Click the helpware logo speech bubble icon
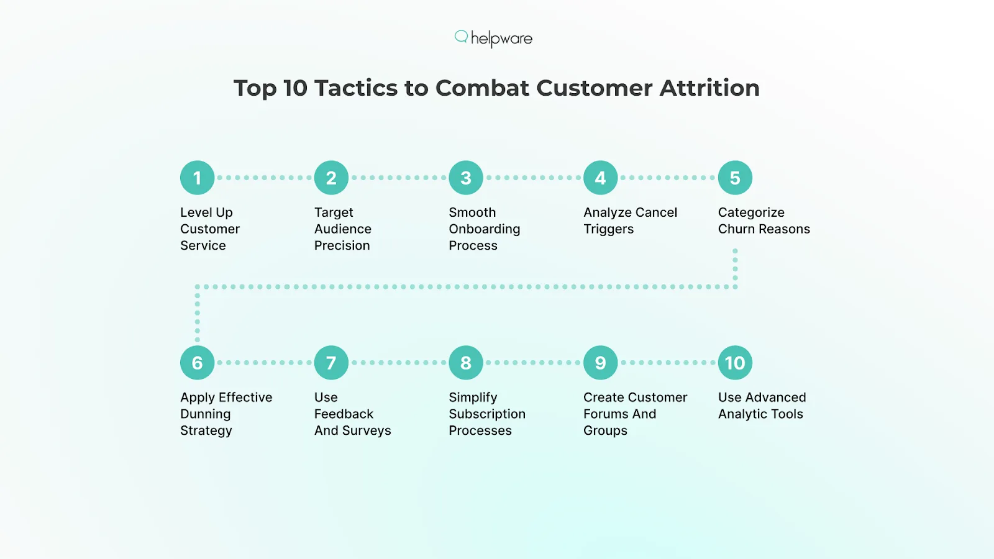[461, 37]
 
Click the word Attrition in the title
[709, 88]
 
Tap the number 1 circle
[198, 178]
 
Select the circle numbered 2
[331, 178]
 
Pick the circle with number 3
[466, 178]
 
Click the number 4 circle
[600, 178]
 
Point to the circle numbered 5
[735, 178]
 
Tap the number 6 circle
[198, 363]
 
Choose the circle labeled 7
[331, 363]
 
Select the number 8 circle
[466, 363]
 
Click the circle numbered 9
[600, 363]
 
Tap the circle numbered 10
[735, 363]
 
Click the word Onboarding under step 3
[485, 229]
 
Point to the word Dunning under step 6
[205, 414]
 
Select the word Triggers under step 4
[608, 229]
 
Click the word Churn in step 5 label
[736, 229]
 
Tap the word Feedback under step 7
[344, 414]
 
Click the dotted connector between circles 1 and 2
[264, 178]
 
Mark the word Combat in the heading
[482, 88]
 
